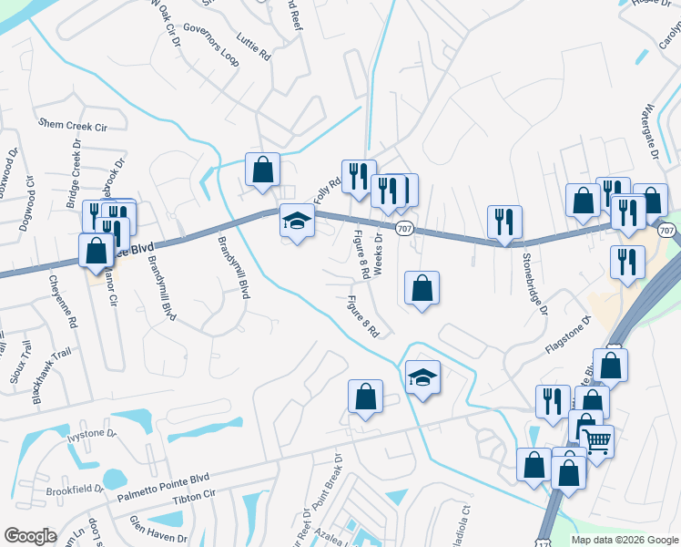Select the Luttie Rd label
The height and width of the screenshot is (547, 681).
click(x=253, y=46)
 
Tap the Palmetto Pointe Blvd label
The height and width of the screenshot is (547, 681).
click(x=164, y=489)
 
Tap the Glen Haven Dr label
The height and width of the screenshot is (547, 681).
click(x=158, y=529)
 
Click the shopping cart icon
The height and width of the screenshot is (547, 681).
click(x=597, y=441)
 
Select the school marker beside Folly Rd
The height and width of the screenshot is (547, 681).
click(x=297, y=221)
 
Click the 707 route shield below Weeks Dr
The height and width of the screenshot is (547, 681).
click(x=404, y=231)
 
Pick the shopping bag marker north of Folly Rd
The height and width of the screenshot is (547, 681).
click(x=262, y=170)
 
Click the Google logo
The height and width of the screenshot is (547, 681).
click(x=30, y=536)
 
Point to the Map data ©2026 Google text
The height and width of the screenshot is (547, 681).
click(x=625, y=540)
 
